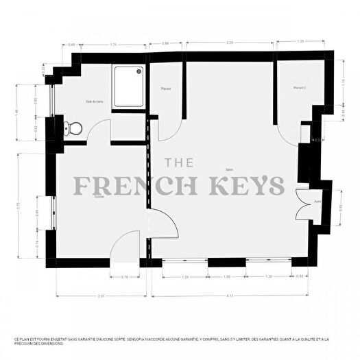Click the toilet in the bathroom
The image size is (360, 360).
tap(72, 127)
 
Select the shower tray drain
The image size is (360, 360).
tap(140, 69)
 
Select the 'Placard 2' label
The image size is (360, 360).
tap(299, 88)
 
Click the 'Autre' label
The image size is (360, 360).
tap(317, 202)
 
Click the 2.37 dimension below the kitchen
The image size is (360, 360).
tap(101, 296)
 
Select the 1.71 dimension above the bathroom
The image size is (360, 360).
tap(115, 45)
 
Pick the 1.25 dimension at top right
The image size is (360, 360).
tap(300, 43)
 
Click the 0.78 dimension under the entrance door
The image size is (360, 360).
tap(125, 276)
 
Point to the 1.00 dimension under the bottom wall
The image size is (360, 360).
tap(227, 276)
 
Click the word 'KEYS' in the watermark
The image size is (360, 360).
tap(252, 185)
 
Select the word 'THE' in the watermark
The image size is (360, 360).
tap(180, 163)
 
